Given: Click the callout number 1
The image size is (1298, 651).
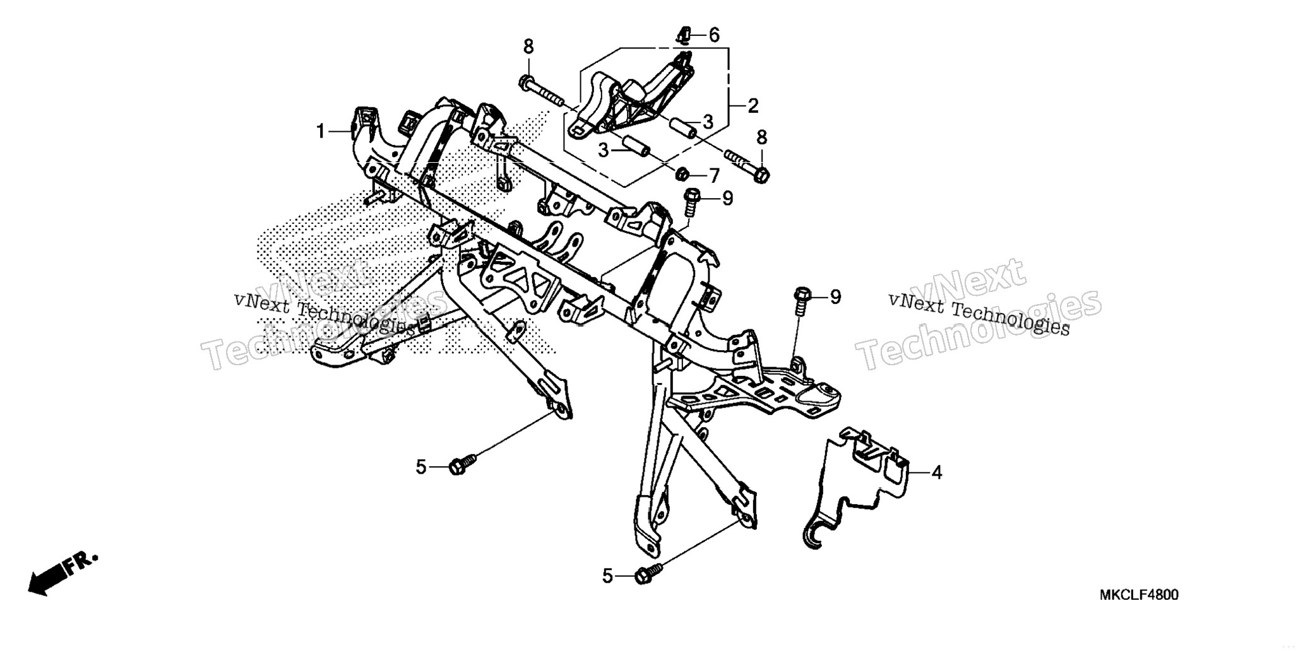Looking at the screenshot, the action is coord(321,131).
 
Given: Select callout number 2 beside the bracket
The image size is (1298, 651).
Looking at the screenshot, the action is coord(753,106).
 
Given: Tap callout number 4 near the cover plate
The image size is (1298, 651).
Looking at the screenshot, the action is coord(937,472).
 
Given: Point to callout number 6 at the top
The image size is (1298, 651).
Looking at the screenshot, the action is coord(714,35).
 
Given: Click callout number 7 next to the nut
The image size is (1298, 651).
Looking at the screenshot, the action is coord(714,176).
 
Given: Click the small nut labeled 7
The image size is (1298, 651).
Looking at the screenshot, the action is coord(682,173).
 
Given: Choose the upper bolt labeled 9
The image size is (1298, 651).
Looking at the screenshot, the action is coord(692,201).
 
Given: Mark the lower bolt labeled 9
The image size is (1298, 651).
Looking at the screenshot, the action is coord(800,301).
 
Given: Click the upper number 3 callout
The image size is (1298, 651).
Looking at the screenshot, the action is coord(708,122).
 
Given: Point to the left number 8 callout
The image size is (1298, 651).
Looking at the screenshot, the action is coord(528,47).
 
